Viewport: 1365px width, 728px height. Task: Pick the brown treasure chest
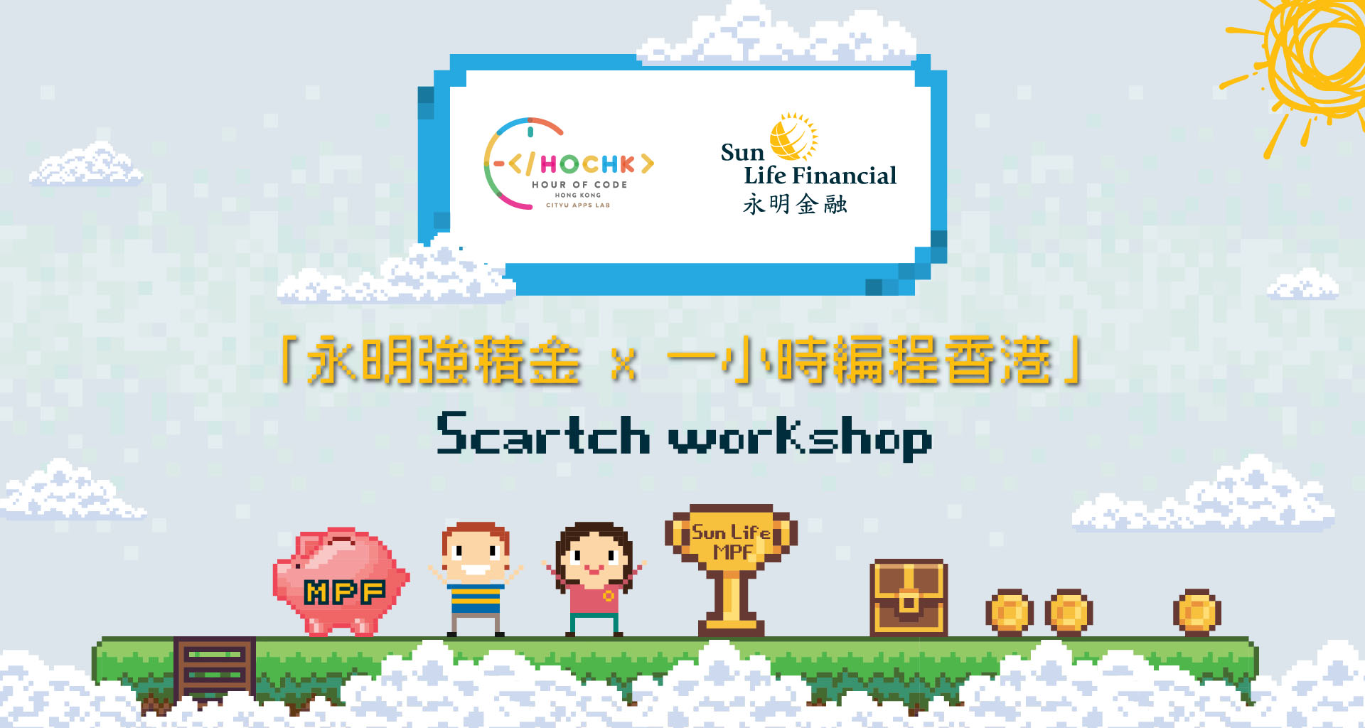tap(909, 597)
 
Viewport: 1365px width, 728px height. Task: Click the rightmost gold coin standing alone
tap(1197, 611)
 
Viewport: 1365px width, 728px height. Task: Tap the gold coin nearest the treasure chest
tap(1010, 611)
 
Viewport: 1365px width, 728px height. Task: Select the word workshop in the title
tap(801, 437)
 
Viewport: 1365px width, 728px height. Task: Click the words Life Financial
tap(820, 176)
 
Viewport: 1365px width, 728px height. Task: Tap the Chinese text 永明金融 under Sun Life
tap(795, 205)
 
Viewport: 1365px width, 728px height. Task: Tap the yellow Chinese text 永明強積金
tap(443, 360)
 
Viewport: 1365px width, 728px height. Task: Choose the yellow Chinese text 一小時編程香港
tap(860, 360)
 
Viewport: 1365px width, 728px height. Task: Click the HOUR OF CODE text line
tap(579, 185)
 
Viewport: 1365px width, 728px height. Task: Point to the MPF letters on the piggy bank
tap(345, 591)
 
